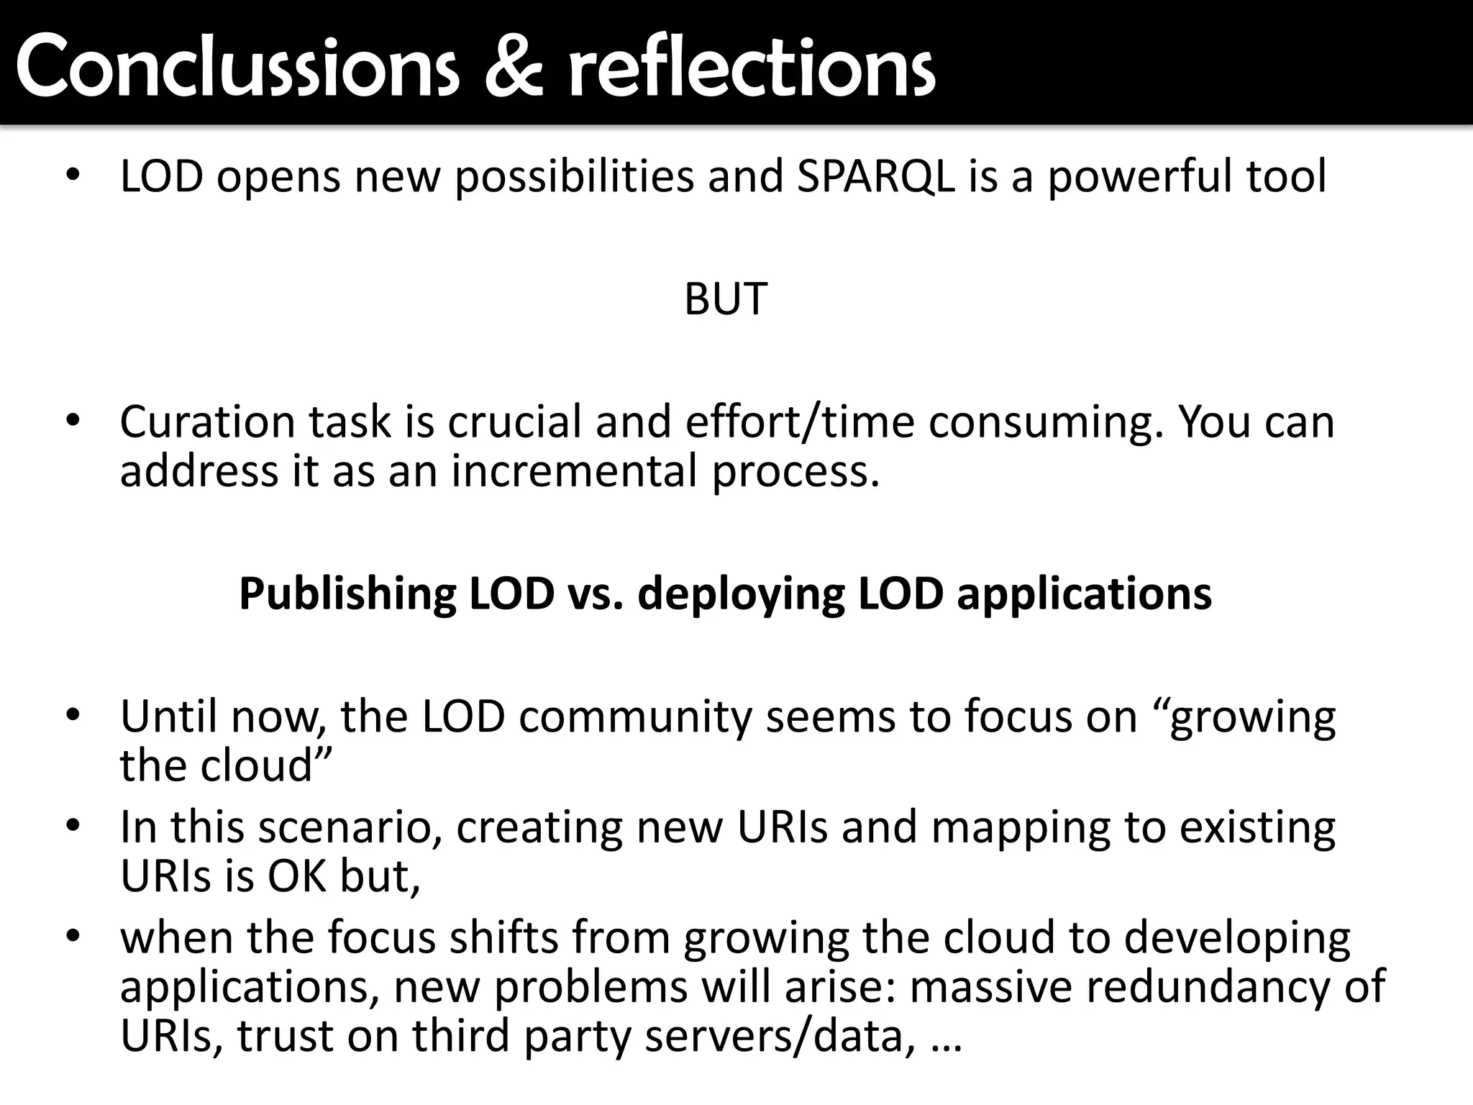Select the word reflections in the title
[752, 68]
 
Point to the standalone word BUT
[726, 299]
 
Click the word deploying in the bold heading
[741, 594]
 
